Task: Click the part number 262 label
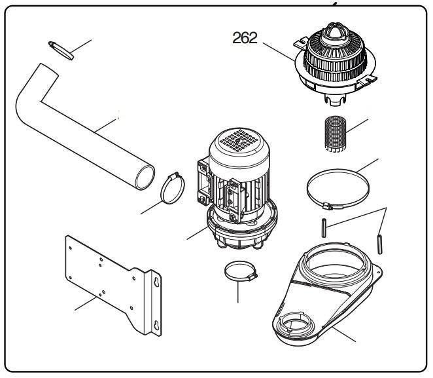[245, 38]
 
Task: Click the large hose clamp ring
[339, 189]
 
